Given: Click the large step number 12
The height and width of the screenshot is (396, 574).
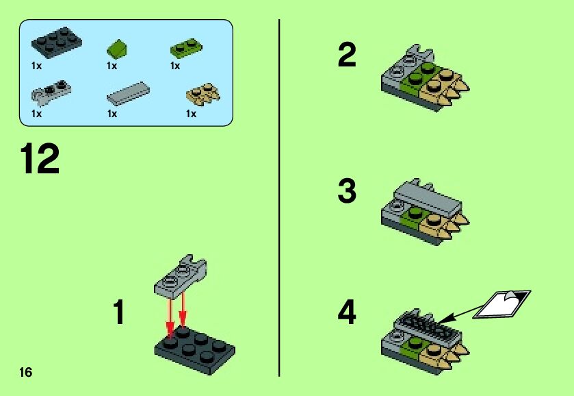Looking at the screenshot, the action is [x=40, y=158].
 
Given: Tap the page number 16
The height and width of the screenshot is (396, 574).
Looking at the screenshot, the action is [x=25, y=372].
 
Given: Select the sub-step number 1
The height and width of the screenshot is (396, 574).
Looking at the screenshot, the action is [x=119, y=312].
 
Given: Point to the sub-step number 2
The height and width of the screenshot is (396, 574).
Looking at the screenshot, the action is [x=347, y=55].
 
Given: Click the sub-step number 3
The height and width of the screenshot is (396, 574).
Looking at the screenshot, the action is [x=347, y=190].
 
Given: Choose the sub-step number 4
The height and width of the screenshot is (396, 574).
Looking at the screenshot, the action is [x=347, y=312].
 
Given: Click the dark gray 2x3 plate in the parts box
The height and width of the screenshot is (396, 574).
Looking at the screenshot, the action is [x=56, y=42].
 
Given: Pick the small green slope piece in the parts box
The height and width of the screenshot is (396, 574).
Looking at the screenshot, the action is [x=117, y=49].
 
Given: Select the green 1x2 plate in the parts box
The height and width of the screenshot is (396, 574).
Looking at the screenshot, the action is [x=186, y=48].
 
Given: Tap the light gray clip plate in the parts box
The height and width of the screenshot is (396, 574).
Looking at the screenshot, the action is [x=51, y=90].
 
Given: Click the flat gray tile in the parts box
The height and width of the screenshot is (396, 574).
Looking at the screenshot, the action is [x=128, y=93].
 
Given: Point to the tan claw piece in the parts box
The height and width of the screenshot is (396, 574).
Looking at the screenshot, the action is [x=203, y=92].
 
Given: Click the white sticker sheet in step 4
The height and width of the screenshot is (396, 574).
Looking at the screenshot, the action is [x=501, y=304].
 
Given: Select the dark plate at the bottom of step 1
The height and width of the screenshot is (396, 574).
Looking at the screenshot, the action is [x=195, y=349].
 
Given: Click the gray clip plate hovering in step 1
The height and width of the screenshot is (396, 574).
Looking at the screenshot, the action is [x=180, y=275].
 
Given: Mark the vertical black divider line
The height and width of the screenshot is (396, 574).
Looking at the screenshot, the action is [x=279, y=198].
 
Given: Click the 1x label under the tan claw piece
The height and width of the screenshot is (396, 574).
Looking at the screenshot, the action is [x=191, y=114].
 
